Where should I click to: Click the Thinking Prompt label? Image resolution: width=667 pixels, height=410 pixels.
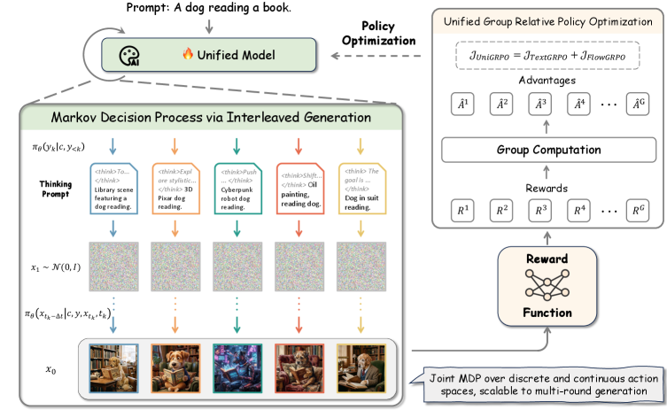coord(56,189)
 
